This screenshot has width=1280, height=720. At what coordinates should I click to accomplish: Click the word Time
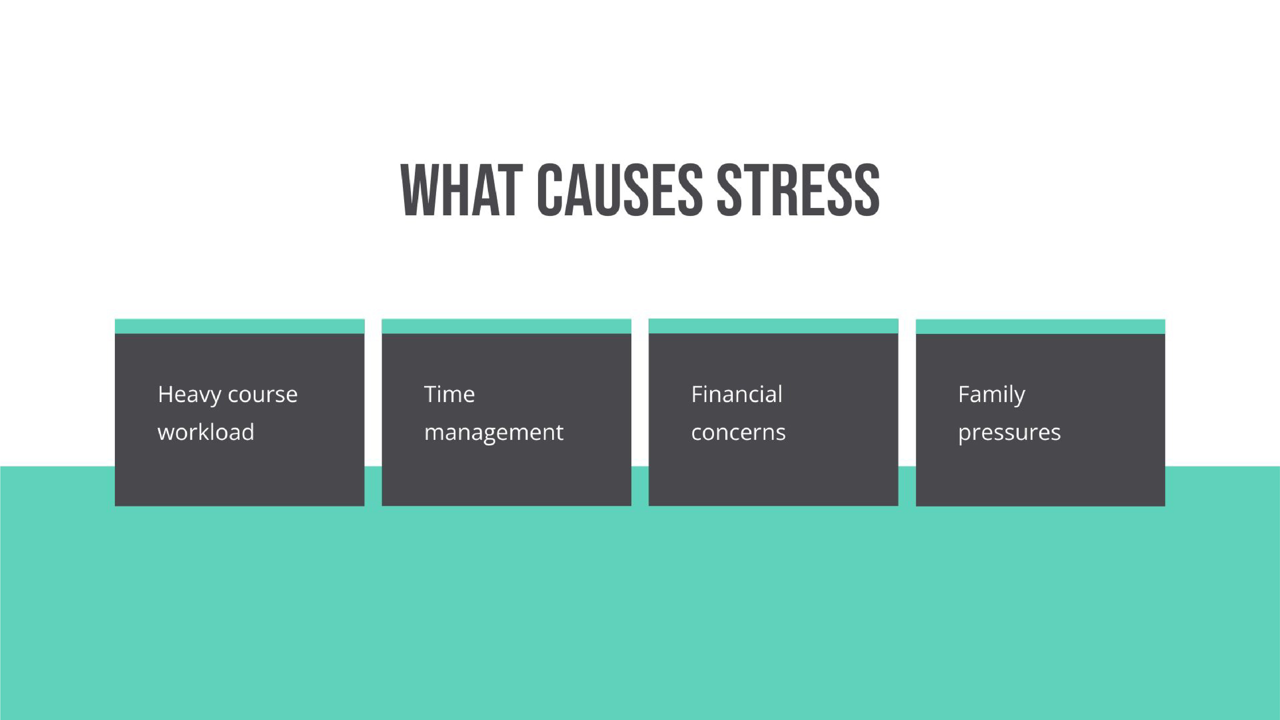pyautogui.click(x=449, y=394)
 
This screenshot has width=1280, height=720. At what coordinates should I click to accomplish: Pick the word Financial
pyautogui.click(x=736, y=394)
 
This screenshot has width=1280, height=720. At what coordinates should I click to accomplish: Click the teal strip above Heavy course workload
pyautogui.click(x=240, y=327)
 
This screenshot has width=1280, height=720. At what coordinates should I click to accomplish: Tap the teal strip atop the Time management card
pyautogui.click(x=506, y=327)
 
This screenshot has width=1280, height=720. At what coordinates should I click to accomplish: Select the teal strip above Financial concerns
pyautogui.click(x=773, y=326)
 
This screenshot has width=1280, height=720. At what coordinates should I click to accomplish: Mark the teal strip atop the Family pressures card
pyautogui.click(x=1040, y=327)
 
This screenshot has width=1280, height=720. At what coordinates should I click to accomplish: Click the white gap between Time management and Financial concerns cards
pyautogui.click(x=640, y=393)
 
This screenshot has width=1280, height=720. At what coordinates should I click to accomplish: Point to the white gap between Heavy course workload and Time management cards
pyautogui.click(x=373, y=393)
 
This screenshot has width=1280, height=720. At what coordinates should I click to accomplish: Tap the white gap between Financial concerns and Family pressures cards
pyautogui.click(x=907, y=393)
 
